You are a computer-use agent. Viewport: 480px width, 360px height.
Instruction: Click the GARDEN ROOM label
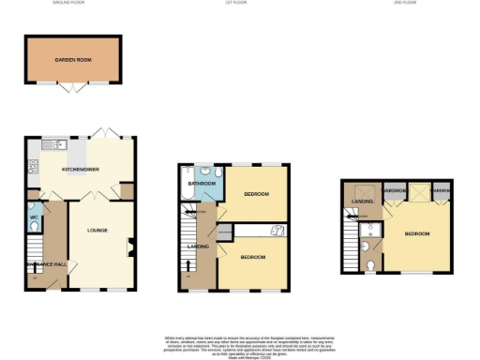click(x=73, y=57)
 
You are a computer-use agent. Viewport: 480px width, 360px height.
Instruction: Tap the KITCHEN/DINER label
click(x=81, y=169)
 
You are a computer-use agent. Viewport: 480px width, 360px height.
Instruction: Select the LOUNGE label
click(x=98, y=230)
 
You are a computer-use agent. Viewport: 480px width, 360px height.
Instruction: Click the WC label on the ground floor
click(x=34, y=217)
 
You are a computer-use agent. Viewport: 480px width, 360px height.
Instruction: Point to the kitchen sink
click(x=58, y=144)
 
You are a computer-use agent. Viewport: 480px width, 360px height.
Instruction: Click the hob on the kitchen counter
click(x=32, y=166)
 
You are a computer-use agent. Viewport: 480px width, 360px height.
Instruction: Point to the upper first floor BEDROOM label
click(x=256, y=194)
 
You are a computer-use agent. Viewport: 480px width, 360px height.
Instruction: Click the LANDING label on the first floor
click(x=198, y=247)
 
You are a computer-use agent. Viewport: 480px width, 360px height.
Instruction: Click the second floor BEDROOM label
click(x=416, y=232)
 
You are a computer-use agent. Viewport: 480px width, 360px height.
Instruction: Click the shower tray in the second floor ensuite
click(x=369, y=229)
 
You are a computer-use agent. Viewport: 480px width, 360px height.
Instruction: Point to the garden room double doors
click(x=73, y=89)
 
